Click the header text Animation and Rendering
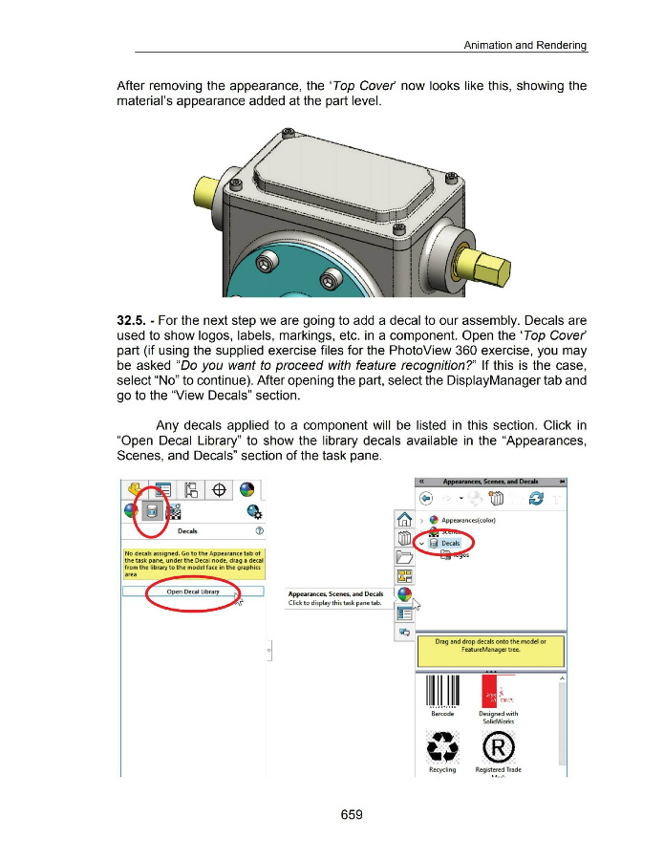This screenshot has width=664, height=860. [x=525, y=46]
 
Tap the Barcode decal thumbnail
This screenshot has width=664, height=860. [x=442, y=693]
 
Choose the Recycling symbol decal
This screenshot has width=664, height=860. [x=442, y=747]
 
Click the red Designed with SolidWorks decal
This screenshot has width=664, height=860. [x=497, y=691]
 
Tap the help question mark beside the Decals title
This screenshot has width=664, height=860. [x=259, y=531]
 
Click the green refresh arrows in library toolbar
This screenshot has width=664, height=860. [x=535, y=499]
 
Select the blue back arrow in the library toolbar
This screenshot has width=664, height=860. [x=428, y=499]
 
